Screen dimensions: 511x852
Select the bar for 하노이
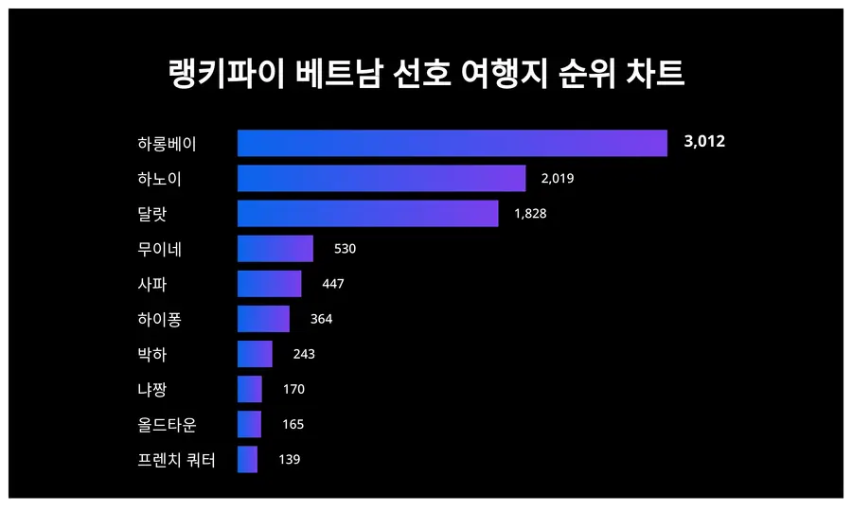tap(382, 178)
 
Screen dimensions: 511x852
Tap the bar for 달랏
tap(367, 214)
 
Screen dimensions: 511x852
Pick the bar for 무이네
tap(275, 249)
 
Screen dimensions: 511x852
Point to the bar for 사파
tap(269, 284)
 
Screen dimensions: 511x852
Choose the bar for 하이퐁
tap(263, 319)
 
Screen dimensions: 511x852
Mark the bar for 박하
tap(255, 354)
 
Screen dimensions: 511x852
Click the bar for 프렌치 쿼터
tap(247, 459)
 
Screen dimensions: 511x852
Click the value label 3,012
tap(704, 143)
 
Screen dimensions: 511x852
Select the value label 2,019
tap(558, 178)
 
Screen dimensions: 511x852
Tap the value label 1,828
tap(530, 214)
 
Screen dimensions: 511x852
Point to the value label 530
tap(345, 249)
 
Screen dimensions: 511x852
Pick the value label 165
tap(293, 424)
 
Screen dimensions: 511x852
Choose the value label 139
tap(289, 459)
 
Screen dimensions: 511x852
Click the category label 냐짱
tap(152, 389)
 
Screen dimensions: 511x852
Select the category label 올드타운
tap(167, 424)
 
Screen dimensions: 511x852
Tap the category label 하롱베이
tap(167, 144)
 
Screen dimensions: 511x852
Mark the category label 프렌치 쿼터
tap(176, 460)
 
